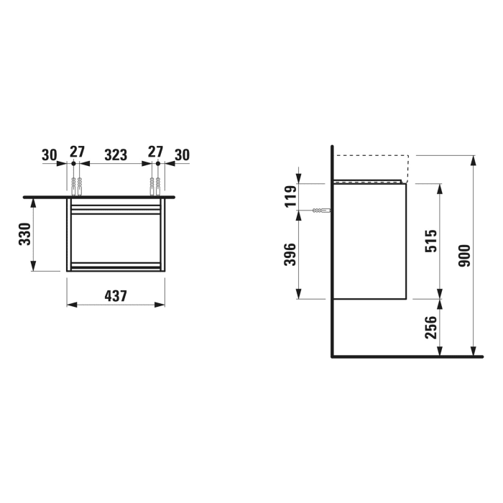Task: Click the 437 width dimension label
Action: (116, 295)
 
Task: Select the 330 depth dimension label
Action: (24, 235)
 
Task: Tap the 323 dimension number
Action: (116, 154)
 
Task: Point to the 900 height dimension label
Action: (463, 256)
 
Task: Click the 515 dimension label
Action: (431, 240)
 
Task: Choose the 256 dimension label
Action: (431, 328)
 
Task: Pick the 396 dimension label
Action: (290, 255)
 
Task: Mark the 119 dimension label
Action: (290, 196)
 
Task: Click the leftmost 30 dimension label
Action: (49, 154)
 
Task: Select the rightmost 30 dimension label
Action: (182, 154)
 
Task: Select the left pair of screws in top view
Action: (77, 185)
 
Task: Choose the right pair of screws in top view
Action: (155, 185)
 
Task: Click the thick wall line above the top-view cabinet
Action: (101, 195)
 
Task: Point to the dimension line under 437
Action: (116, 305)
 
